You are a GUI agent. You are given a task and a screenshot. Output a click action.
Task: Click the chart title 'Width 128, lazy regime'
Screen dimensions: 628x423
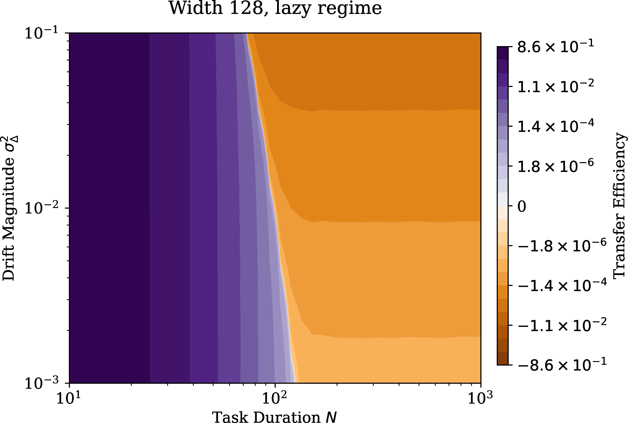275,8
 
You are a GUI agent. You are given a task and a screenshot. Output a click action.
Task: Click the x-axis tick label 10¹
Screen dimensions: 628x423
67,396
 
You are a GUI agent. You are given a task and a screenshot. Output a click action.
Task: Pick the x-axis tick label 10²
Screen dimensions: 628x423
274,396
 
